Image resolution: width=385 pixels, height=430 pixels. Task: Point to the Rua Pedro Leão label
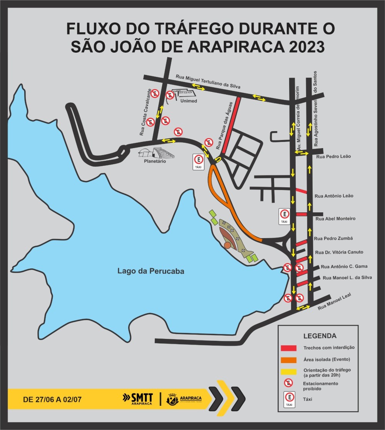(333, 157)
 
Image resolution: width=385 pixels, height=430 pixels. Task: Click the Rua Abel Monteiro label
(335, 218)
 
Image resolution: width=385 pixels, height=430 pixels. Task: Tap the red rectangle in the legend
(288, 348)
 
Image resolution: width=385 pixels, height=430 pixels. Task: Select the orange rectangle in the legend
(288, 360)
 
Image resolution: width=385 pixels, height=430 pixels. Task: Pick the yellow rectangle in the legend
(288, 372)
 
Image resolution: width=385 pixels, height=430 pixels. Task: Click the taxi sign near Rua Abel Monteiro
(284, 217)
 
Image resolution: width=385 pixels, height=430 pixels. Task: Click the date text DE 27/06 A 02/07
(52, 399)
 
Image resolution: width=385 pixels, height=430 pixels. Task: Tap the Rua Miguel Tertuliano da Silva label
(208, 82)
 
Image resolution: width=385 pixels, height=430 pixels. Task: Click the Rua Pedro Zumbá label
(333, 238)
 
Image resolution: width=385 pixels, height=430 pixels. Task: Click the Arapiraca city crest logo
(172, 399)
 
